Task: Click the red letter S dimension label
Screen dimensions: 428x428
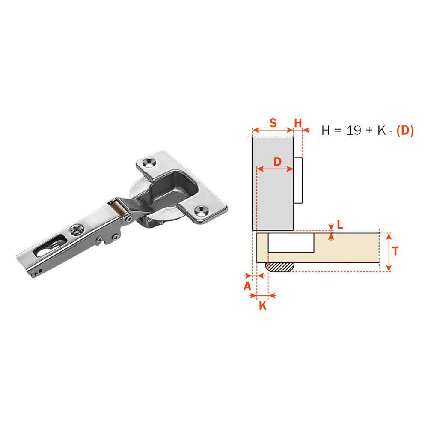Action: coord(273,123)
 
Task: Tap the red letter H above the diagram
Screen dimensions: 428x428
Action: coord(298,123)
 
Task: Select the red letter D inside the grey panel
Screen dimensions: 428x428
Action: coord(277,162)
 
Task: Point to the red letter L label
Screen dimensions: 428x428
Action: coord(340,225)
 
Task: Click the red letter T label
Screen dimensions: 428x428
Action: coord(395,251)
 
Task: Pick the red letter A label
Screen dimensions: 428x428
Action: coord(247,286)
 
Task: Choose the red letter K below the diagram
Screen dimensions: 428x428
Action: coord(263,306)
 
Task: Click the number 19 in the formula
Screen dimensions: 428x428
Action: coord(354,131)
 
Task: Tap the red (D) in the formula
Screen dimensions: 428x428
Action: coord(405,131)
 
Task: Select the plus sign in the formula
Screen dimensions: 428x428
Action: coord(369,131)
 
